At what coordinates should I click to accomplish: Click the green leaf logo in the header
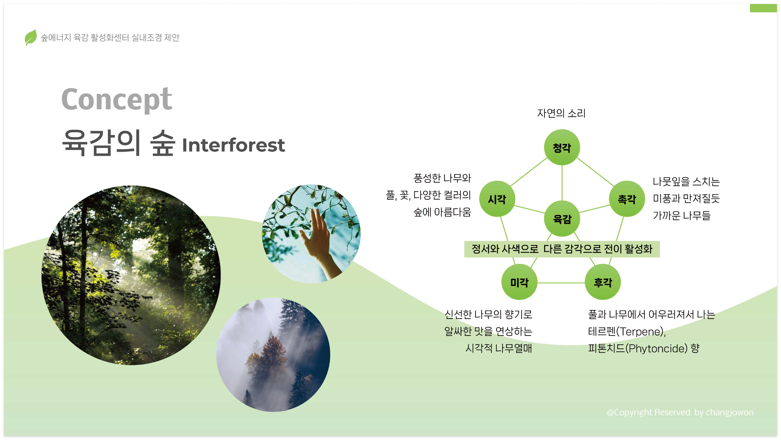(31, 37)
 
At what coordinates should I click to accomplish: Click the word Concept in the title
(117, 99)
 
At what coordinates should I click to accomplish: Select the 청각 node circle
(562, 148)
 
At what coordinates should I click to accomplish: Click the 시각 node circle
(497, 199)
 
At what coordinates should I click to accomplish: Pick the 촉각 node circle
(627, 199)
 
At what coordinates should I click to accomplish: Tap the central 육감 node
(562, 219)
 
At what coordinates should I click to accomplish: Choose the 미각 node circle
(519, 282)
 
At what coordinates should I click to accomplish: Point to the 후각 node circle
(603, 282)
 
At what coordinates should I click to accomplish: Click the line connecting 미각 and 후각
(561, 283)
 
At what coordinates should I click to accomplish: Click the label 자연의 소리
(561, 113)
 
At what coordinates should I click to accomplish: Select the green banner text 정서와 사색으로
(505, 249)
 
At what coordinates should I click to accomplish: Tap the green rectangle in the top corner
(763, 8)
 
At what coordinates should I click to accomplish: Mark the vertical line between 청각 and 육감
(562, 183)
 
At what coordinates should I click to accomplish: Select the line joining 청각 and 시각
(529, 172)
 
